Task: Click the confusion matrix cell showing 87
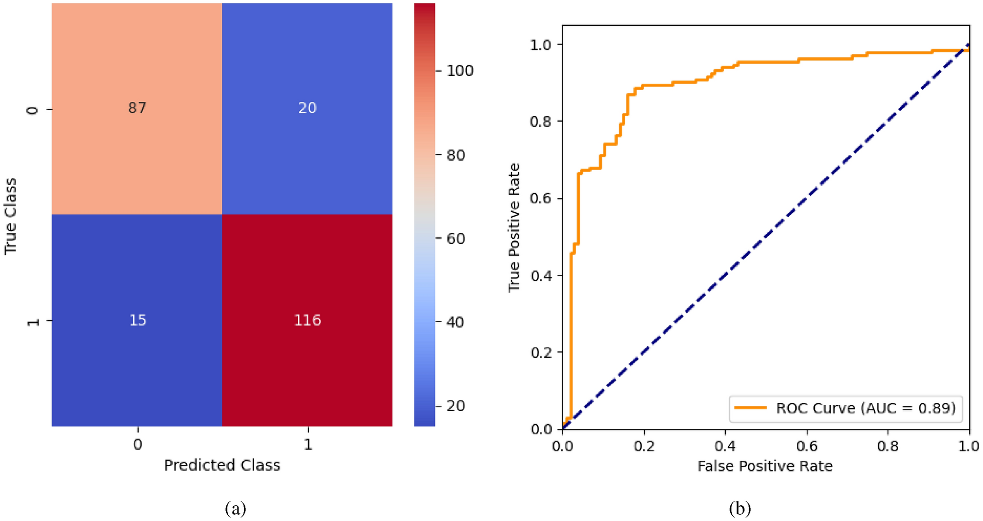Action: (x=137, y=108)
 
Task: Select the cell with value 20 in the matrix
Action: (x=307, y=108)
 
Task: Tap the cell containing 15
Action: (x=137, y=320)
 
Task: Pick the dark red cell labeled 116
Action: (x=307, y=320)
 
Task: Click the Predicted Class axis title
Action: (x=222, y=465)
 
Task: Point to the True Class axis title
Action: (x=11, y=216)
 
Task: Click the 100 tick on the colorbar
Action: (x=459, y=71)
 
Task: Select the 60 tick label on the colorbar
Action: (x=456, y=239)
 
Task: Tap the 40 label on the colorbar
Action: (x=456, y=322)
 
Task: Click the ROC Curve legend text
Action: (x=865, y=408)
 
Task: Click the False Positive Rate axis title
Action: (x=765, y=466)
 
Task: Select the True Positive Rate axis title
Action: (x=514, y=228)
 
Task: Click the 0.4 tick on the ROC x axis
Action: (x=725, y=446)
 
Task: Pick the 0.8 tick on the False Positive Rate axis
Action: (x=887, y=446)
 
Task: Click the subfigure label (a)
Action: (x=235, y=508)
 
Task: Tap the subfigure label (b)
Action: (x=740, y=508)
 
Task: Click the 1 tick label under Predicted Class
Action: (x=308, y=445)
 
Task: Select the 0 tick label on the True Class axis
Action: (x=33, y=110)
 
